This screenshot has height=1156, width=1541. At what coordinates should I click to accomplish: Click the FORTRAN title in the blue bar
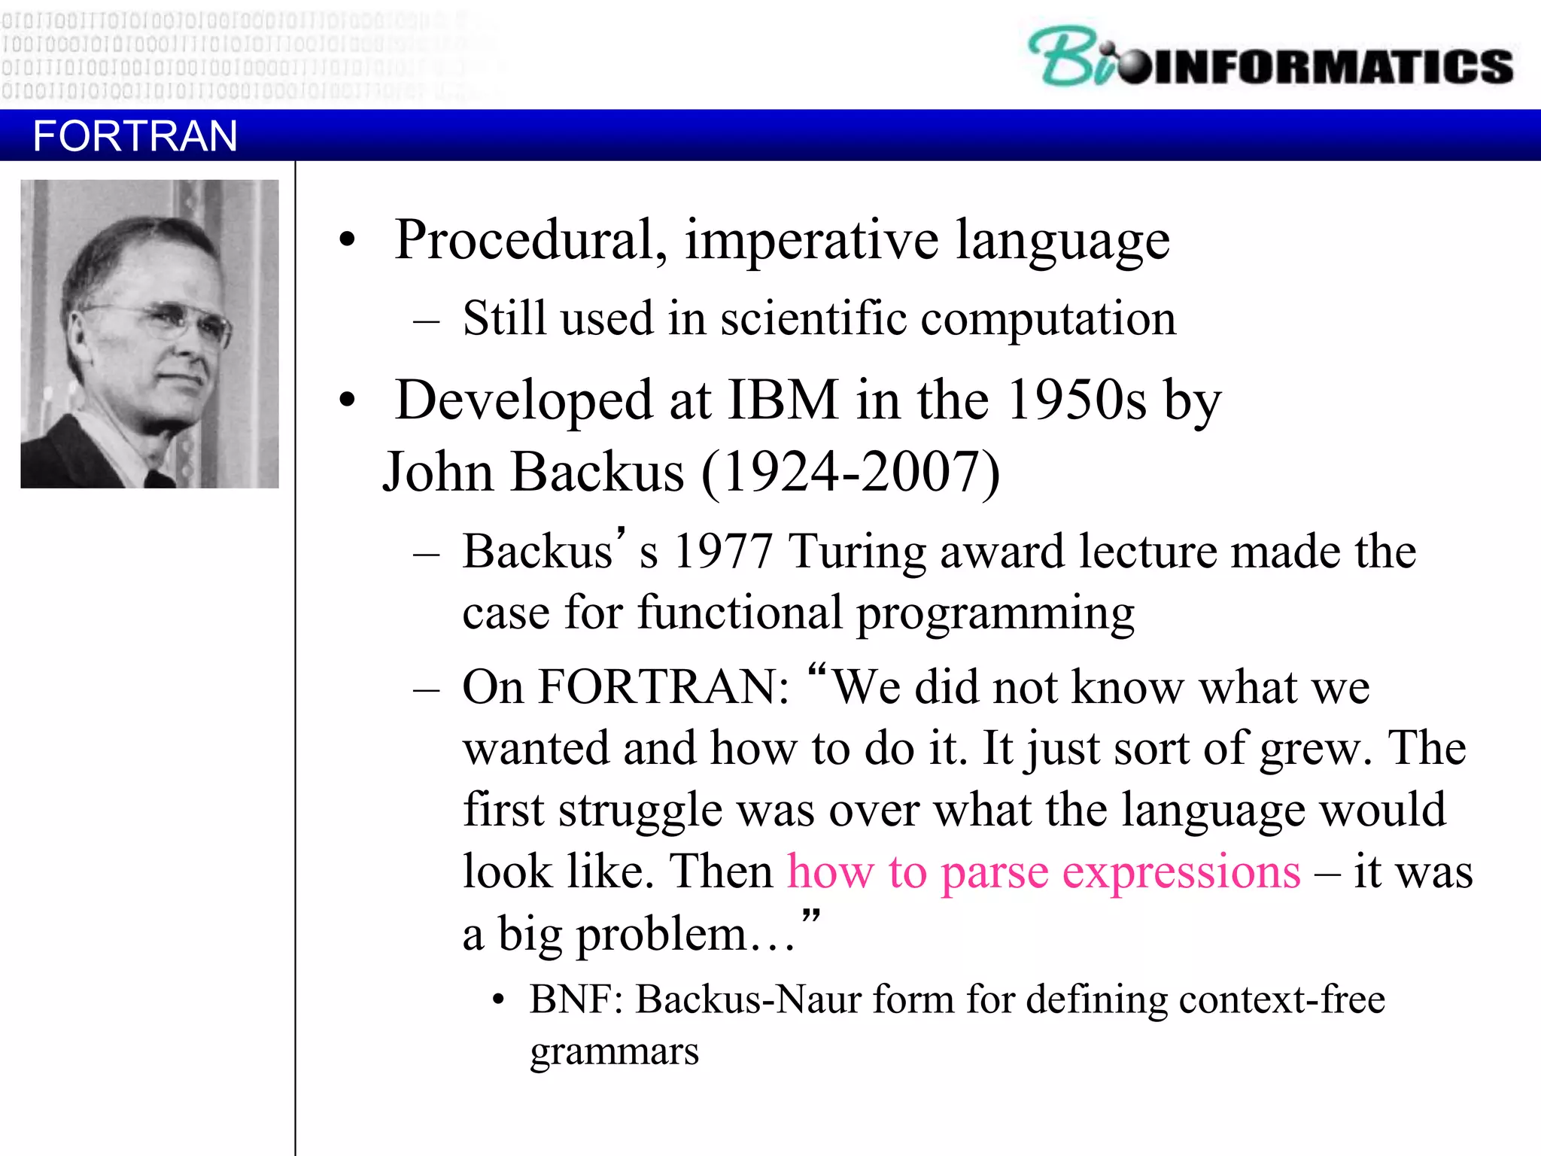[x=135, y=136]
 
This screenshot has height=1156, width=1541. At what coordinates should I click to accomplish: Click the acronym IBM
[x=783, y=400]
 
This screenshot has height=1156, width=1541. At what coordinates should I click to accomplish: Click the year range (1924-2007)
[x=850, y=473]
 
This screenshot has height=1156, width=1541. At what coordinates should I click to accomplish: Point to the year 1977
[x=723, y=552]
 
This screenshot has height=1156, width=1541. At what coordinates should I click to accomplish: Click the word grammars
[x=614, y=1052]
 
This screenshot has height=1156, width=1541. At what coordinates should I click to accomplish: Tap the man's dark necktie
[x=158, y=479]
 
